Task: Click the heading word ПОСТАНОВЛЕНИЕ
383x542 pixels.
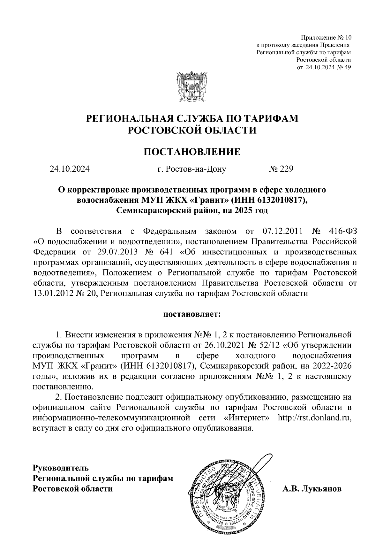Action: coord(192,152)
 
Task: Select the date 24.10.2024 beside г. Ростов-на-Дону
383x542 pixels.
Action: coord(70,169)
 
